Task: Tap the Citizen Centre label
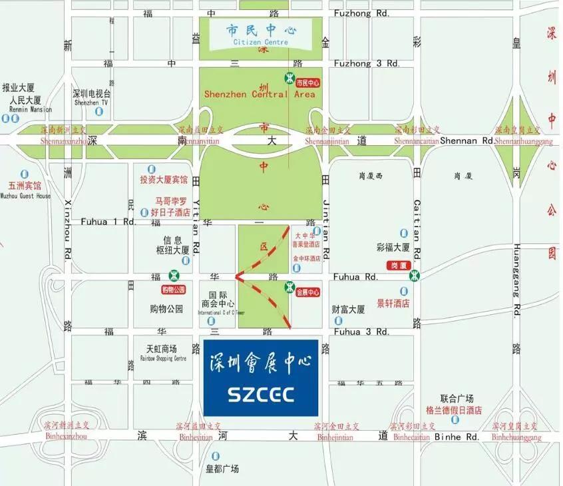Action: click(x=261, y=42)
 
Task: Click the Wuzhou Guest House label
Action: click(x=25, y=196)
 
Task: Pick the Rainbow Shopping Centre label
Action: click(x=162, y=358)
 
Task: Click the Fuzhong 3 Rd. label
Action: click(x=366, y=63)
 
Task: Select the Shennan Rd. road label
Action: click(x=470, y=140)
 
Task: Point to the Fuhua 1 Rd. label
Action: click(x=108, y=221)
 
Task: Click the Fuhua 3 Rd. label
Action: click(x=361, y=332)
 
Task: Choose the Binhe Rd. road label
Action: click(x=457, y=437)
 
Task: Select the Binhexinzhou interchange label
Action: click(x=65, y=437)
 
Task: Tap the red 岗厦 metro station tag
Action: click(x=399, y=265)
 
